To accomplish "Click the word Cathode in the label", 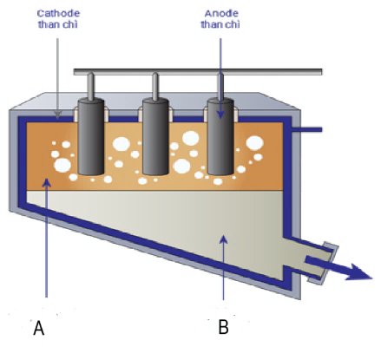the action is (x=58, y=13).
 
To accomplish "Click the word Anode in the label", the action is (x=221, y=13).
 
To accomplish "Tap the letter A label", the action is (x=39, y=328).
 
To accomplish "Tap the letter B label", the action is (x=223, y=327).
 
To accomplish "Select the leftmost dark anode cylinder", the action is (x=91, y=136).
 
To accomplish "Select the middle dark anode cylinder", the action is (x=155, y=136).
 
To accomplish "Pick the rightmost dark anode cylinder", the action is (x=220, y=136).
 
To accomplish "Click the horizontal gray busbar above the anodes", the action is (x=198, y=72).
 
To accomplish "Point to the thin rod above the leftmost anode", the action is (x=90, y=86).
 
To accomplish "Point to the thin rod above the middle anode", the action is (x=155, y=86).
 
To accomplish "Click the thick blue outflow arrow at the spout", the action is (x=338, y=267).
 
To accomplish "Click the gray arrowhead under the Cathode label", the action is (x=58, y=115).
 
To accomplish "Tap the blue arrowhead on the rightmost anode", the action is (x=220, y=114).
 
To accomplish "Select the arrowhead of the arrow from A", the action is (x=46, y=183).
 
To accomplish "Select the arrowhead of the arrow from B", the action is (x=223, y=239).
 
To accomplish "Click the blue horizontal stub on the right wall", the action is (x=306, y=129).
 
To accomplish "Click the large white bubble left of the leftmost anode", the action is (x=62, y=165).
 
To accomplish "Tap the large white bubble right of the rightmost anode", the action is (x=254, y=143).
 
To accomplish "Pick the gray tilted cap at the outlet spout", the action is (x=324, y=263).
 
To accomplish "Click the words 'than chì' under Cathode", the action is (x=58, y=24).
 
